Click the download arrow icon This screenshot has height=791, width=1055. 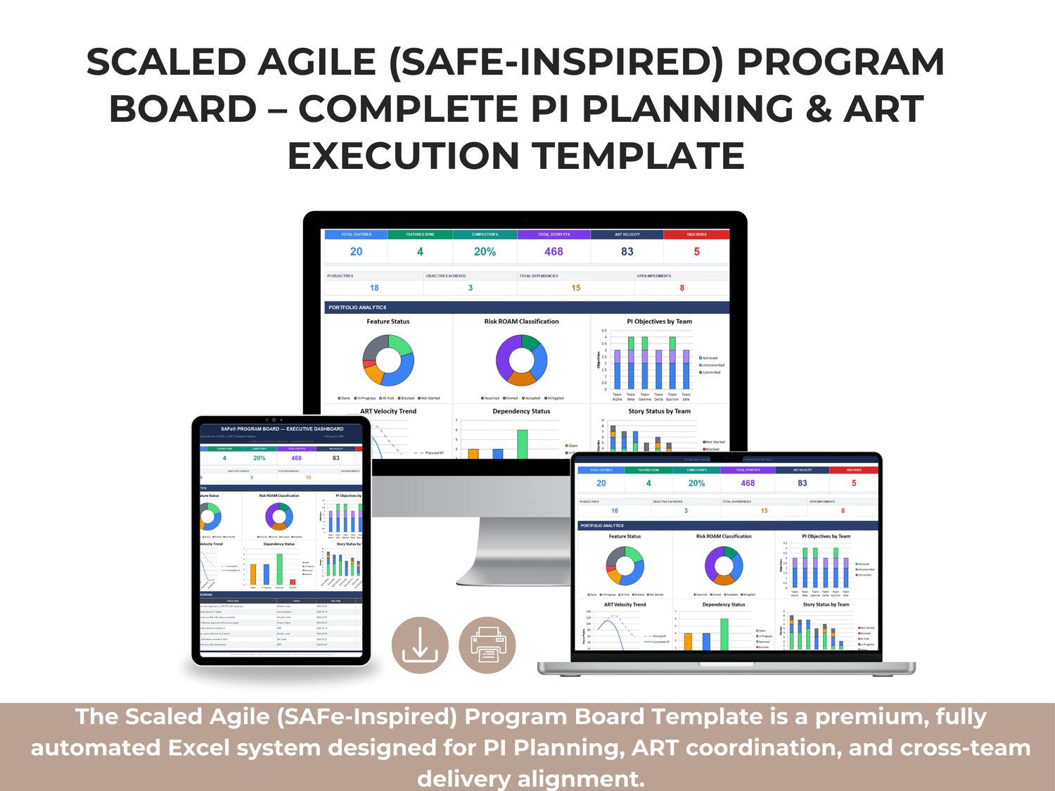tap(420, 645)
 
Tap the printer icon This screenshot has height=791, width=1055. tap(487, 645)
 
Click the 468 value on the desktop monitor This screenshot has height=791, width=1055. tap(554, 251)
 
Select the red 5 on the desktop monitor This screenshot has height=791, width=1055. tap(696, 251)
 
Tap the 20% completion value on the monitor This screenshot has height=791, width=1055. tap(485, 251)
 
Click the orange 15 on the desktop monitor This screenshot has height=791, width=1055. tap(575, 288)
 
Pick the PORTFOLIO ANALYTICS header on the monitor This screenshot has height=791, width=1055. tap(357, 308)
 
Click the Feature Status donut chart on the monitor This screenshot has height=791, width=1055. tap(388, 360)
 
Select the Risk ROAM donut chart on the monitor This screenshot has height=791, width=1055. tap(521, 360)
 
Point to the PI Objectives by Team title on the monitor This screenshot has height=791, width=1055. tap(659, 322)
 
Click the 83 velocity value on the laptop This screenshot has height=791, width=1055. tap(802, 483)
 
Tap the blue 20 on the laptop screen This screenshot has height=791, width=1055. tap(601, 483)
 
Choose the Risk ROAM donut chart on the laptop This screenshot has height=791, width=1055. tap(724, 566)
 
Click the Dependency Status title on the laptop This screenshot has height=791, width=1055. tap(723, 605)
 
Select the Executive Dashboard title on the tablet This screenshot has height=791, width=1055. tap(282, 429)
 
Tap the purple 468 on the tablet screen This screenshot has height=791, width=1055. tap(296, 458)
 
